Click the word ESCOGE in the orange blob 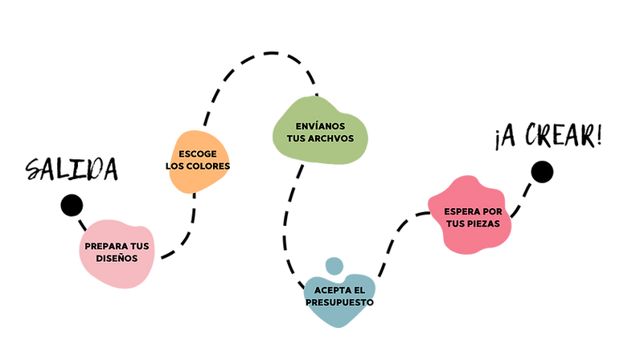click(198, 153)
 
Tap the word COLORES click(207, 166)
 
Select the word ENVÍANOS click(320, 126)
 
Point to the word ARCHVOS click(331, 138)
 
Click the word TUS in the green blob click(297, 138)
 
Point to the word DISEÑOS click(117, 258)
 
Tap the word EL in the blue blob click(359, 289)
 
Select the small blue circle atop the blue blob click(333, 264)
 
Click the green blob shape click(320, 112)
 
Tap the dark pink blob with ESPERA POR click(471, 241)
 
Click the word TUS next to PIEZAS click(456, 223)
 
